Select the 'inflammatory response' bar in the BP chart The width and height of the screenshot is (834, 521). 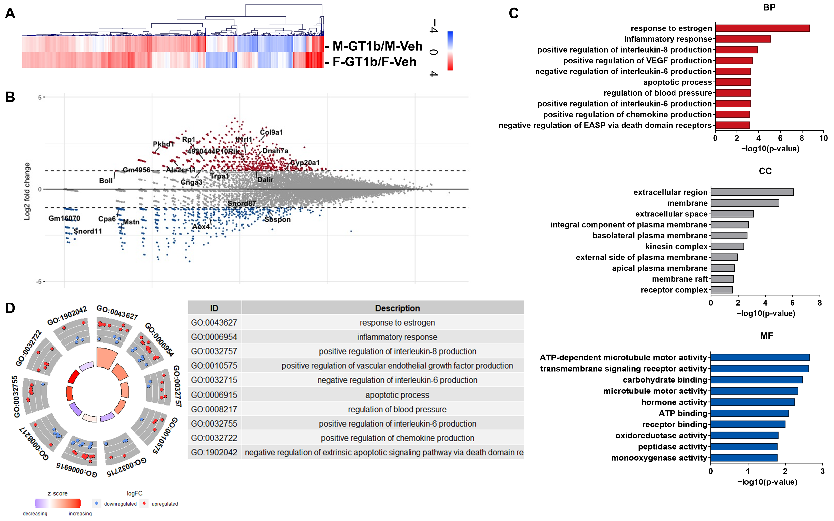742,39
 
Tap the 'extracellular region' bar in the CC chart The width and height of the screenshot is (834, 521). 752,192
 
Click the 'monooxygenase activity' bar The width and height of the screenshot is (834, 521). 744,458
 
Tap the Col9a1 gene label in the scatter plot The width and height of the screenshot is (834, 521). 271,132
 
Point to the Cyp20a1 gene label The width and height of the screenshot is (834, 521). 305,163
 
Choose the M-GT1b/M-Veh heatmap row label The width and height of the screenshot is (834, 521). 377,46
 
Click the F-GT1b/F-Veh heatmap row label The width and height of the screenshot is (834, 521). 374,62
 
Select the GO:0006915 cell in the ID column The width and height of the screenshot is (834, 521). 214,395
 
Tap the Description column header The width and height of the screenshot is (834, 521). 397,308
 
